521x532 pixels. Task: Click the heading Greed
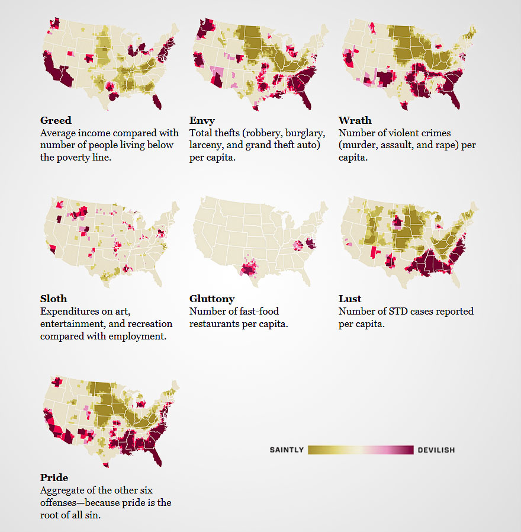click(x=56, y=120)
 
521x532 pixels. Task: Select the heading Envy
click(x=202, y=121)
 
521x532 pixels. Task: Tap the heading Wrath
click(x=355, y=120)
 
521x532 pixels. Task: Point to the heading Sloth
click(x=53, y=299)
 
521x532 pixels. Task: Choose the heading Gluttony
click(x=212, y=299)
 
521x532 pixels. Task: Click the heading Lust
click(x=349, y=299)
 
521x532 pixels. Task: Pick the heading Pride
click(x=54, y=477)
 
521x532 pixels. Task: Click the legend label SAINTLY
click(x=287, y=450)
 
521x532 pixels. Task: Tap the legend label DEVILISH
click(x=436, y=450)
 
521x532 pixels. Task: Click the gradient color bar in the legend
click(x=361, y=450)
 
